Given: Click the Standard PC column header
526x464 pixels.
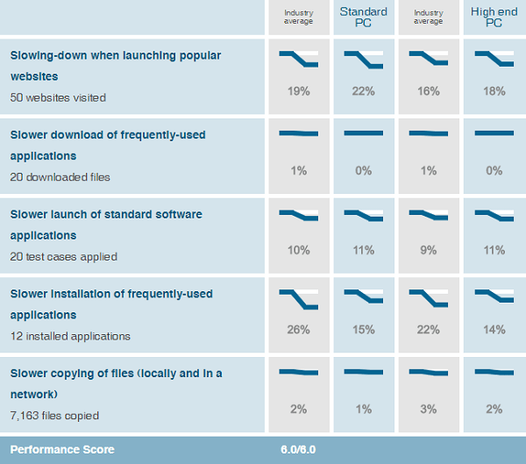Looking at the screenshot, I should [x=364, y=18].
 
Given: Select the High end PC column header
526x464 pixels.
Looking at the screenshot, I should [x=493, y=18].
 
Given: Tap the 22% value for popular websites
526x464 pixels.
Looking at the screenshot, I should [x=364, y=91].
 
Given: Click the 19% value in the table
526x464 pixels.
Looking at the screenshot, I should [x=298, y=91].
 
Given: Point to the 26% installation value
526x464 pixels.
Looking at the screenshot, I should [x=298, y=330].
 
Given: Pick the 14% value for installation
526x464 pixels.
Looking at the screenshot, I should [x=494, y=330].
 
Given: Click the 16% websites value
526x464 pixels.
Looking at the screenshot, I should [x=429, y=91].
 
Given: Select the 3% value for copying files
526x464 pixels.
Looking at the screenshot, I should [x=429, y=410].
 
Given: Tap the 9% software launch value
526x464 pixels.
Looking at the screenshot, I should [x=429, y=250].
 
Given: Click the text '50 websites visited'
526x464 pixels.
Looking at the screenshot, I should [x=58, y=97].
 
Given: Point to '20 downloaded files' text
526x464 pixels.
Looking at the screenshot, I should [x=60, y=177].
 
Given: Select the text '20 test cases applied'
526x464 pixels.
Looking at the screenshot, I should [x=63, y=257].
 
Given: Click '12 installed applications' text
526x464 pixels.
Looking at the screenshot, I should [x=70, y=336].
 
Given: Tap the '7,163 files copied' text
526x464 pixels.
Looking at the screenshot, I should [x=54, y=416].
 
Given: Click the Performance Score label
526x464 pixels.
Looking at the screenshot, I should [x=61, y=450].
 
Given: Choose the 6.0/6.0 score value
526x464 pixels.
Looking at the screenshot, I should [x=298, y=450].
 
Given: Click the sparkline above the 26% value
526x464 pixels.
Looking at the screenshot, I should [x=298, y=299].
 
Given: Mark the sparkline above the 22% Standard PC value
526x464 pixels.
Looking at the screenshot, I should [x=364, y=60].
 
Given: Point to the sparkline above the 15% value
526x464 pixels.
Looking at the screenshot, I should [x=364, y=296].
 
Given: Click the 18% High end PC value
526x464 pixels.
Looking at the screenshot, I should [x=494, y=91].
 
